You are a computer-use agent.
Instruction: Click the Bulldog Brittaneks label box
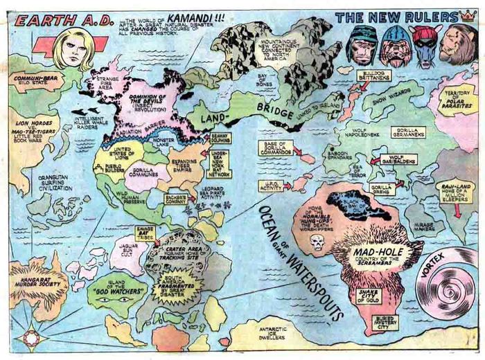tap(375, 76)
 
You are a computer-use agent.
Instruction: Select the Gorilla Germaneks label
tap(408, 132)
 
